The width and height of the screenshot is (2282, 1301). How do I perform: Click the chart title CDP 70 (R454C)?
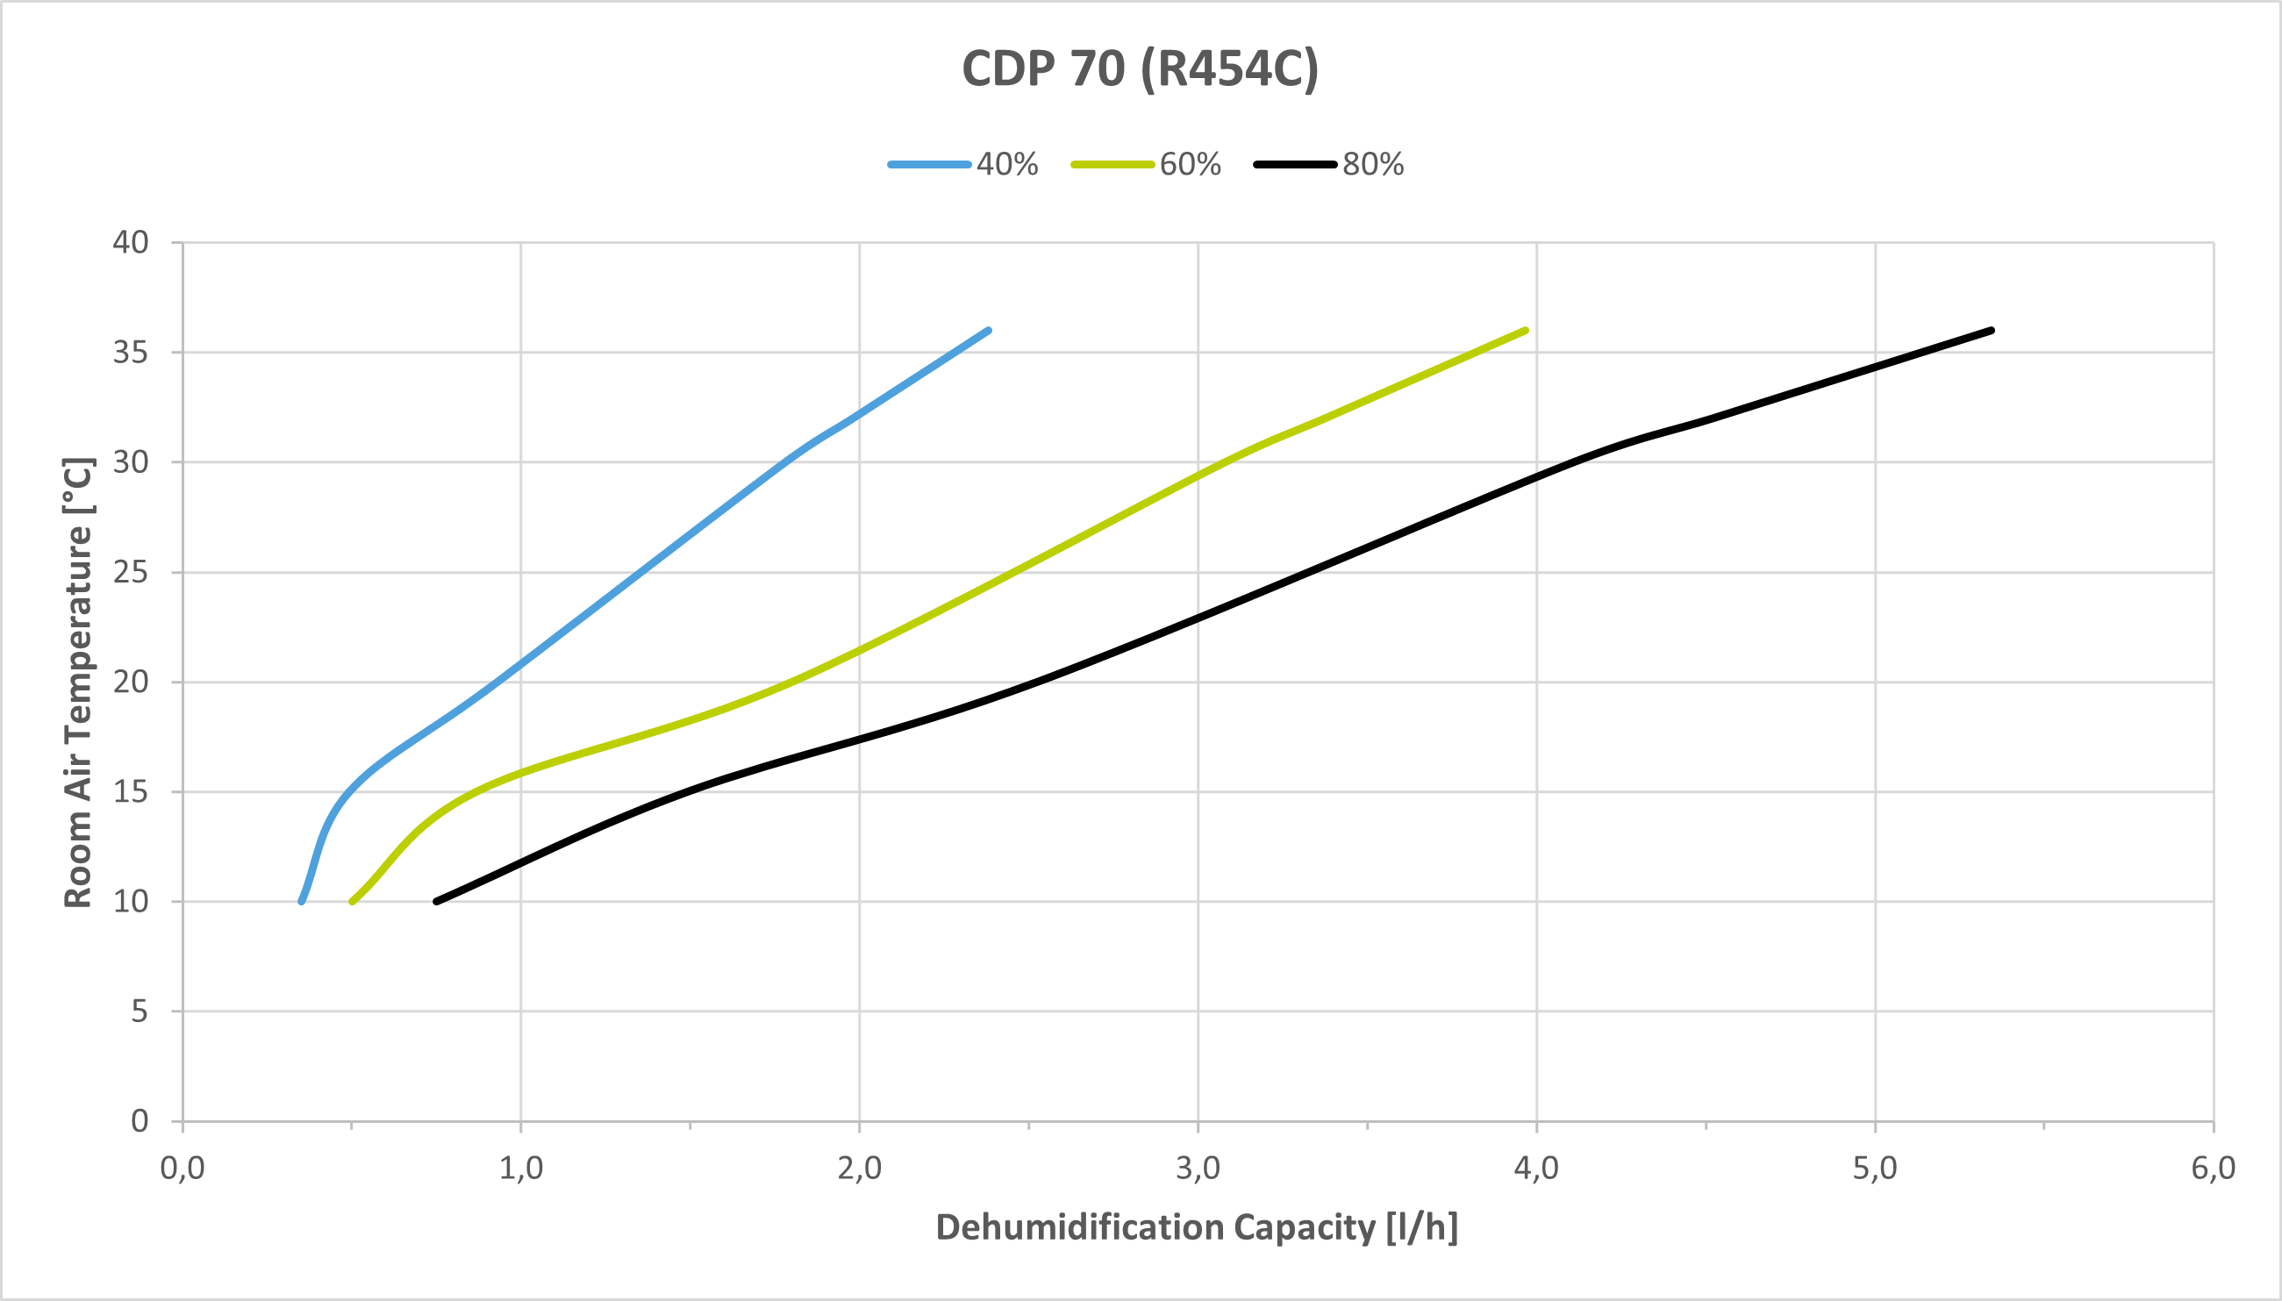pos(1140,68)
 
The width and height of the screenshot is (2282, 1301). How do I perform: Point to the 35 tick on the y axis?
pos(131,352)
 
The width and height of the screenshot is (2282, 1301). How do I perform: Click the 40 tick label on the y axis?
pos(131,242)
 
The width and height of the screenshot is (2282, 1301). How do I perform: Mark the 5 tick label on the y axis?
pos(139,1011)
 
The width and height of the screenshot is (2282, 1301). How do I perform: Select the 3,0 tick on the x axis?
pos(1198,1169)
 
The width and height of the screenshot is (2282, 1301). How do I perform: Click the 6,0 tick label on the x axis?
pos(2213,1169)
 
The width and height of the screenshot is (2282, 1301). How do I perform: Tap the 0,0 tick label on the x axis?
pos(182,1169)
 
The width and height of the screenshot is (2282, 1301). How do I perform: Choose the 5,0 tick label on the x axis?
pos(1875,1169)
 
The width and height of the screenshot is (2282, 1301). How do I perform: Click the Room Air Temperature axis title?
pos(79,683)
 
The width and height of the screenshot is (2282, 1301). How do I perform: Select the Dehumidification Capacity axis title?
pos(1197,1227)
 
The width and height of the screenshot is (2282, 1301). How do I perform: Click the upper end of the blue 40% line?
pos(988,331)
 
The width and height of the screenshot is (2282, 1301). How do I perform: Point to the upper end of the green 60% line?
pos(1525,331)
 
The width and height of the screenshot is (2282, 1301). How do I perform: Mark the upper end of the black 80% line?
pos(1992,331)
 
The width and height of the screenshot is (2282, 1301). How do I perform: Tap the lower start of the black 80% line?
pos(436,901)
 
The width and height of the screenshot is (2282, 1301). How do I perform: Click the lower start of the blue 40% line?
pos(301,901)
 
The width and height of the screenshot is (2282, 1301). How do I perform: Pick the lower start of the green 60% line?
pos(352,901)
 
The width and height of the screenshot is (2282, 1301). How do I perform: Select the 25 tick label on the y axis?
pos(131,572)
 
